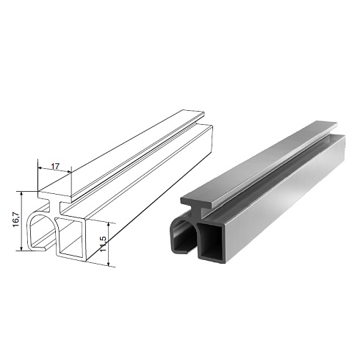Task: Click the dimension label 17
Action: click(x=55, y=166)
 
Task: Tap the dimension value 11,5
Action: click(x=103, y=244)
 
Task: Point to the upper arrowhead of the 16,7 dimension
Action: click(x=21, y=194)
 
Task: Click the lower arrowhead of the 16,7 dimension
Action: click(x=21, y=248)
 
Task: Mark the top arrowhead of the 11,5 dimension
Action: click(x=109, y=225)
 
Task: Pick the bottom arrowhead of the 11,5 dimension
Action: click(x=109, y=263)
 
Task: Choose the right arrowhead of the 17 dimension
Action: click(x=68, y=172)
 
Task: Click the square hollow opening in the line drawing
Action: click(x=71, y=237)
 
